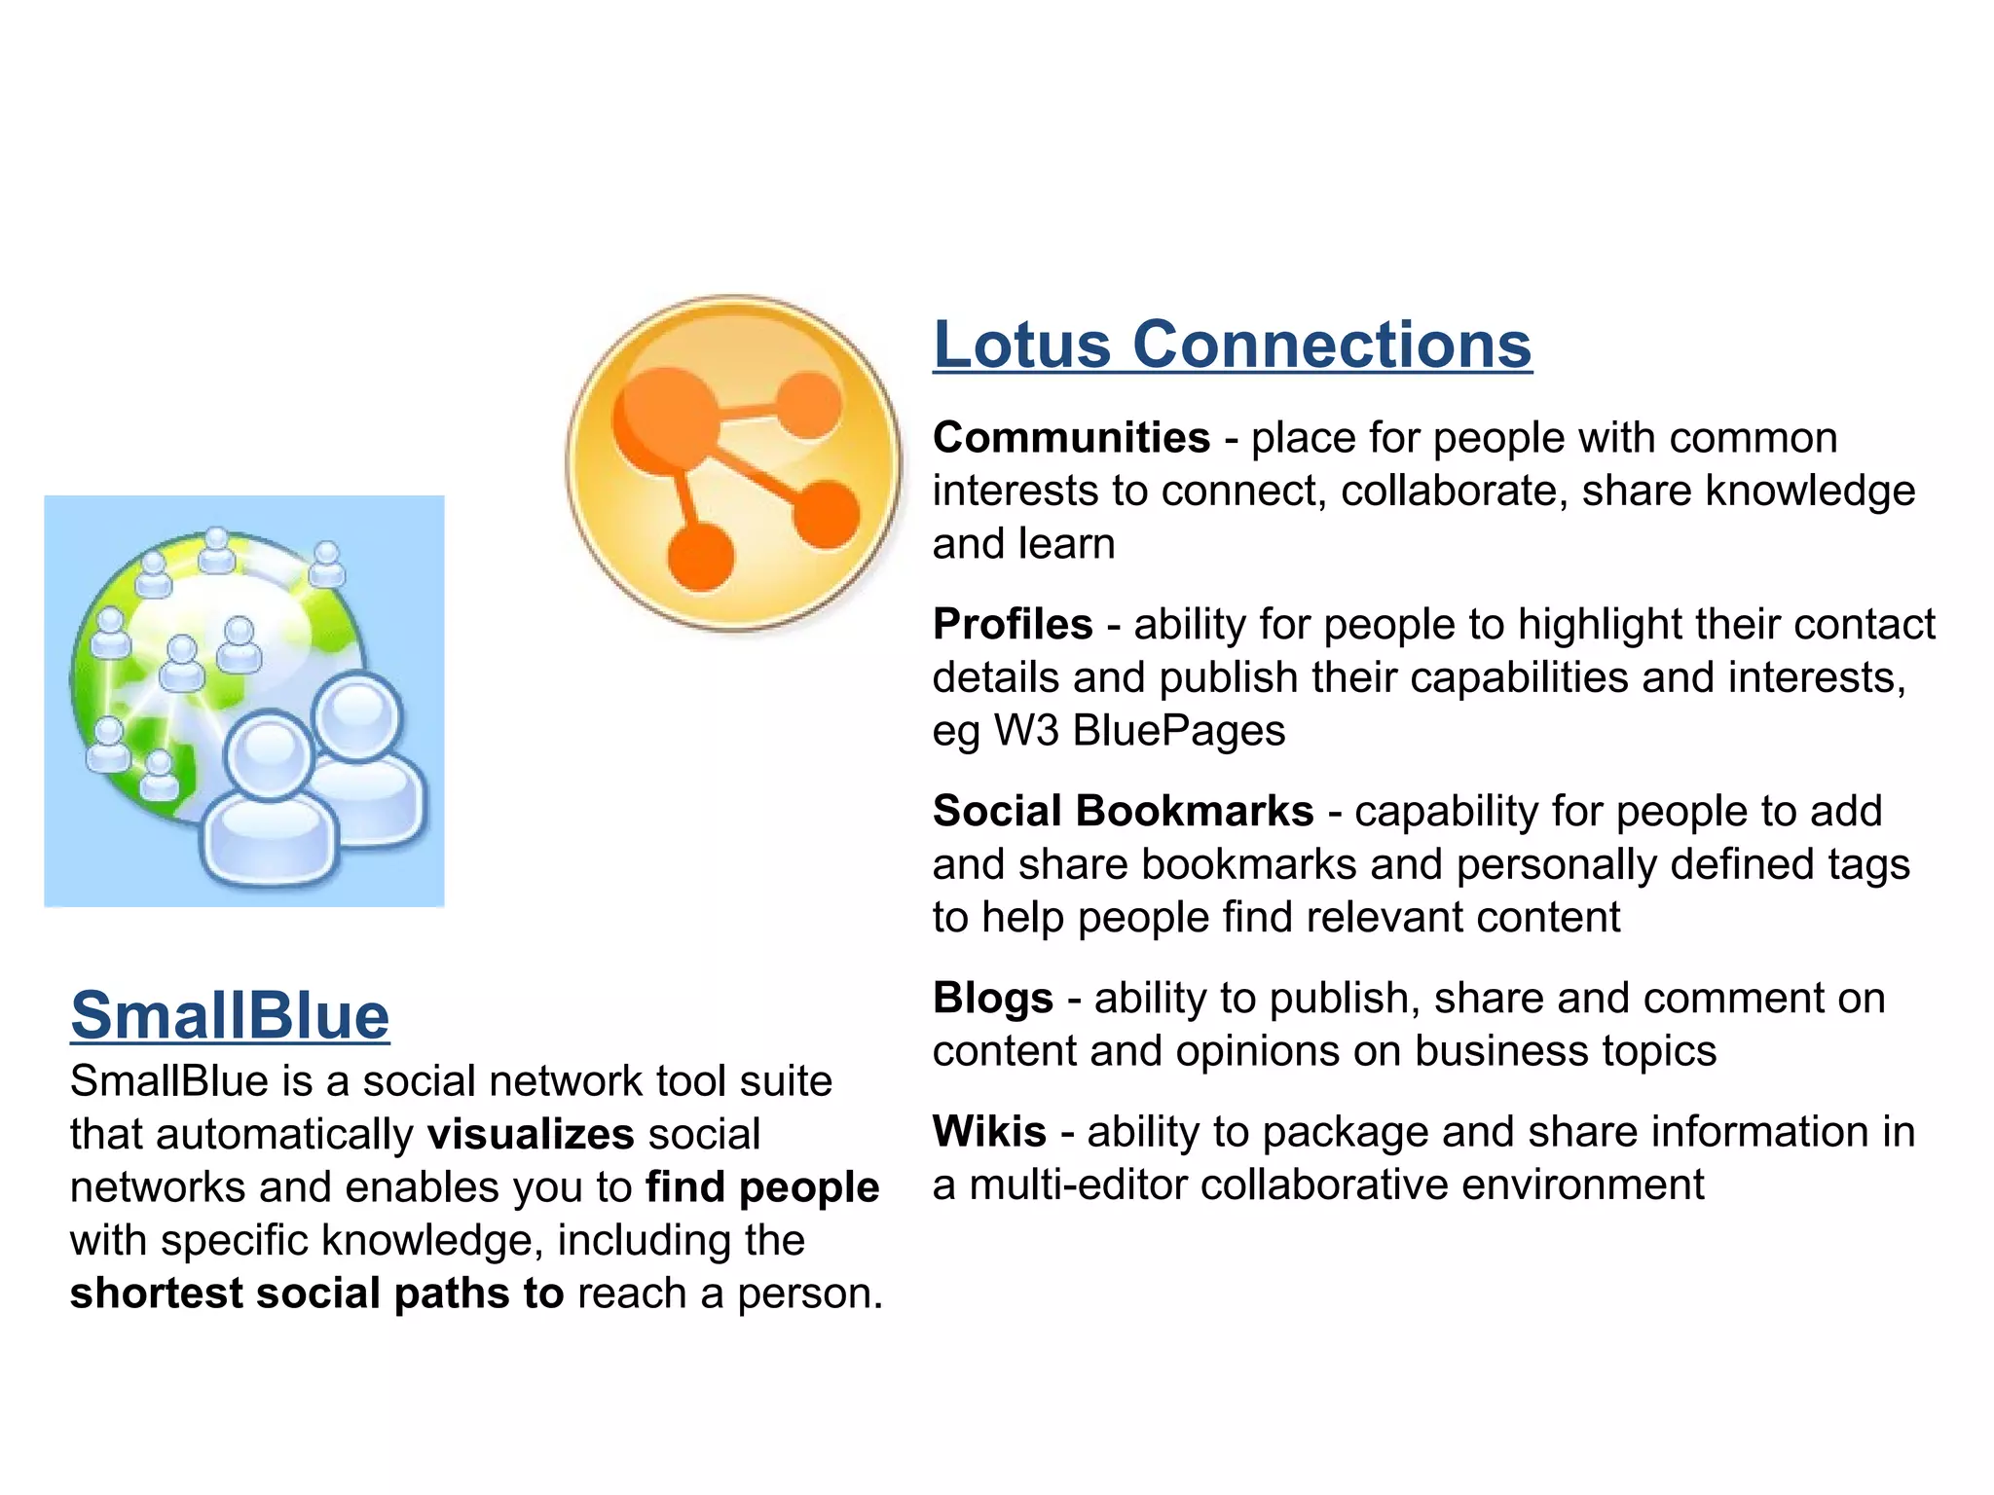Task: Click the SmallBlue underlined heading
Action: point(230,1015)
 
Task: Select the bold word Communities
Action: point(1071,438)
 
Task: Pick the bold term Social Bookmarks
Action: point(1123,812)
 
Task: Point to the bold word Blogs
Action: point(993,999)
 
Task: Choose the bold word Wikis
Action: point(989,1132)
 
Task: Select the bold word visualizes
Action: point(531,1135)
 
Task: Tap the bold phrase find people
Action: point(762,1187)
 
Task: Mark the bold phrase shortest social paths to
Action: point(316,1294)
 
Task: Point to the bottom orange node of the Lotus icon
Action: point(700,557)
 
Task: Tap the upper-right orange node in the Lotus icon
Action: point(807,405)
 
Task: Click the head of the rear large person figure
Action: point(358,715)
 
